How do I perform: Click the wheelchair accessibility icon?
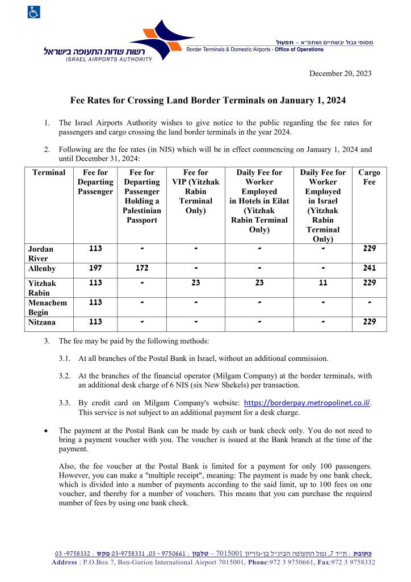pyautogui.click(x=33, y=12)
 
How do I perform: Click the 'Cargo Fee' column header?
pyautogui.click(x=369, y=177)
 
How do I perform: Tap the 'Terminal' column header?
pyautogui.click(x=49, y=173)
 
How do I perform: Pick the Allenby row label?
pyautogui.click(x=43, y=269)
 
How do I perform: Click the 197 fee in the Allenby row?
pyautogui.click(x=95, y=268)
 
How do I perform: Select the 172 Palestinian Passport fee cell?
pyautogui.click(x=141, y=268)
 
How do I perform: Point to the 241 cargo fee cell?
pyautogui.click(x=369, y=268)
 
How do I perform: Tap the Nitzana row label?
pyautogui.click(x=43, y=323)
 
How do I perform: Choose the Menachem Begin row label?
pyautogui.click(x=48, y=307)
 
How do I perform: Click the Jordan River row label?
pyautogui.click(x=41, y=253)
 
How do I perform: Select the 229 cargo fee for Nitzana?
pyautogui.click(x=369, y=322)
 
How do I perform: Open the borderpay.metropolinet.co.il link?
pyautogui.click(x=307, y=403)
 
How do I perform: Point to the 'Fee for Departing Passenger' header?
pyautogui.click(x=95, y=182)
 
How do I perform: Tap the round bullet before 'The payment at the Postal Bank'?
pyautogui.click(x=46, y=431)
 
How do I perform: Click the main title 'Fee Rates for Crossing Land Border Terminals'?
pyautogui.click(x=208, y=101)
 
